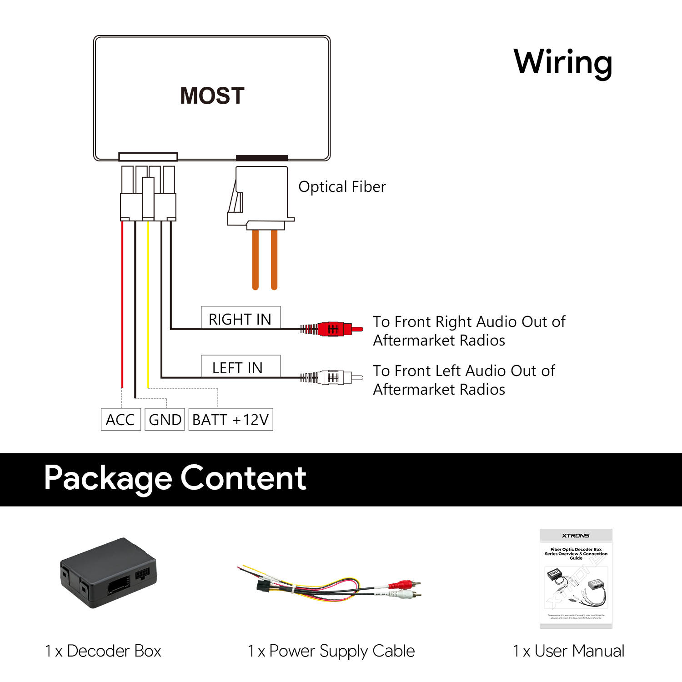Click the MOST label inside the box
pos(212,96)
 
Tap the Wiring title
pos(563,62)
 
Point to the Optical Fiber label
pos(342,187)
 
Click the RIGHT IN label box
pos(241,318)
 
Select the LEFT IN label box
pos(241,367)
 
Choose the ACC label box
pos(120,419)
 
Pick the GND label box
pos(165,419)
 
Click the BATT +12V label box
pos(231,419)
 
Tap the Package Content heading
pos(175,478)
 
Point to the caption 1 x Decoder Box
pos(103,651)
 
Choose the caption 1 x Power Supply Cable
pos(331,651)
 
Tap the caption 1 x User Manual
pos(568,651)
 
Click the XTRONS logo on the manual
pos(576,536)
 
